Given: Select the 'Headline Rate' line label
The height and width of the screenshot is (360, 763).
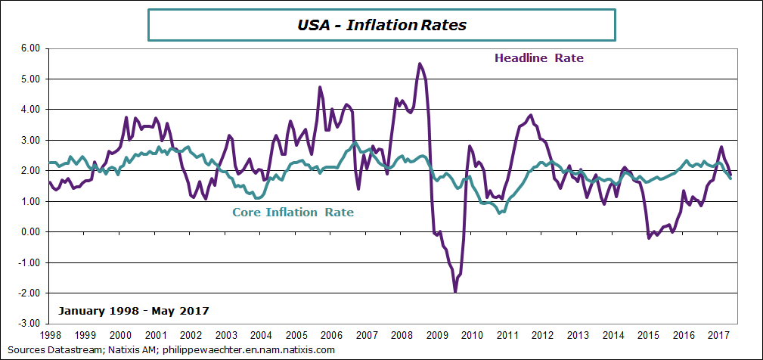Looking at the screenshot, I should pyautogui.click(x=538, y=57).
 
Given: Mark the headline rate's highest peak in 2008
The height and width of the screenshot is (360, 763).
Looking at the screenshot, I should pyautogui.click(x=420, y=64).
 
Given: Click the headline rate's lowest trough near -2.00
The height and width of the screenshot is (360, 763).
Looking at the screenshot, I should pyautogui.click(x=455, y=291).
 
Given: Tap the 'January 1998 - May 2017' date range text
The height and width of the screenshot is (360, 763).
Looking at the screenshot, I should pyautogui.click(x=133, y=311).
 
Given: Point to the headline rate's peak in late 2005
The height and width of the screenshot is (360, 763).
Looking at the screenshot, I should pyautogui.click(x=320, y=87).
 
